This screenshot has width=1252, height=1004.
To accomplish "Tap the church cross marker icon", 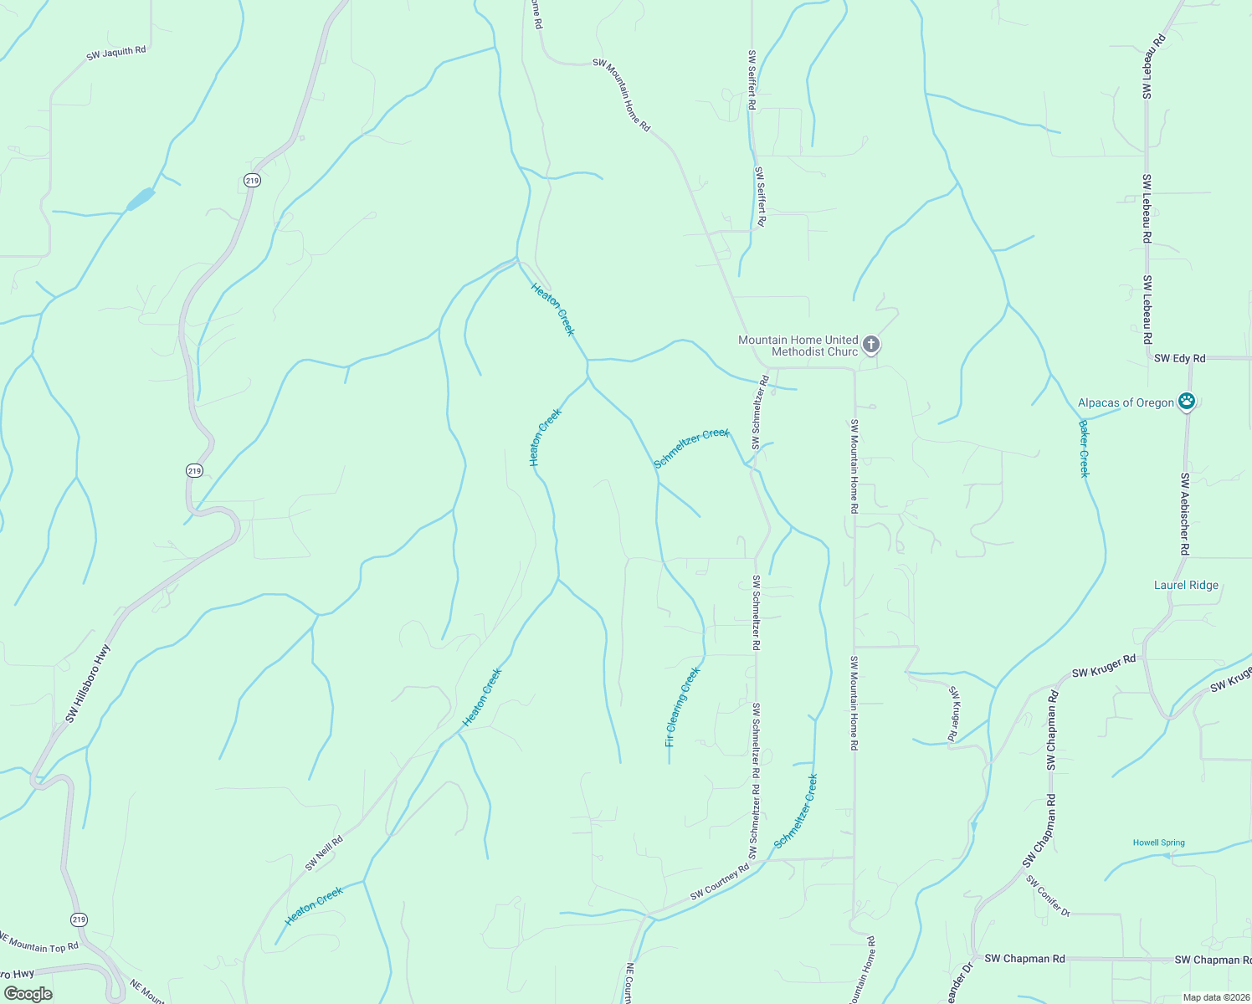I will (x=870, y=344).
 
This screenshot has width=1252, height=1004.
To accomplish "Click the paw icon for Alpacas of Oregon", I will (x=1187, y=402).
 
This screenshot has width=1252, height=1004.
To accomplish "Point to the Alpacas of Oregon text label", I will (x=1126, y=402).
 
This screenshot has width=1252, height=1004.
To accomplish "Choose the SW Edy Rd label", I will (x=1179, y=358).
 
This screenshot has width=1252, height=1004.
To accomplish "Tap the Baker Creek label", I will (x=1084, y=448).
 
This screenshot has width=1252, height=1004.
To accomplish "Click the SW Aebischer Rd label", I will (x=1184, y=514).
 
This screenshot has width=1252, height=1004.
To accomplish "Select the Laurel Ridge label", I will (x=1186, y=586).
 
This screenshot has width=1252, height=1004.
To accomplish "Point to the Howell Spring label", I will (x=1158, y=843).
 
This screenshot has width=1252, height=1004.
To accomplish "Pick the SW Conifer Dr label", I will (x=1048, y=896).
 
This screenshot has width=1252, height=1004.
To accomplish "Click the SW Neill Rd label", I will (x=324, y=853).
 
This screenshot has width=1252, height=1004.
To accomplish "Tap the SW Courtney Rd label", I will (x=719, y=884).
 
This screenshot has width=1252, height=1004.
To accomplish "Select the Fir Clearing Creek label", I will (x=682, y=707).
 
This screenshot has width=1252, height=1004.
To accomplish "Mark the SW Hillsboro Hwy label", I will (x=88, y=683).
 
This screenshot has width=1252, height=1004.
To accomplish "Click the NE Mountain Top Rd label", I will (x=38, y=941).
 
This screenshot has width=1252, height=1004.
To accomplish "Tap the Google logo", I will (x=28, y=994).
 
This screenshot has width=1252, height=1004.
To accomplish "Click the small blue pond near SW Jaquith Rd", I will (x=141, y=199).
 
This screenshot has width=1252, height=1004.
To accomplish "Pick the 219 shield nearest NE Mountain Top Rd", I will (x=78, y=919).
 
